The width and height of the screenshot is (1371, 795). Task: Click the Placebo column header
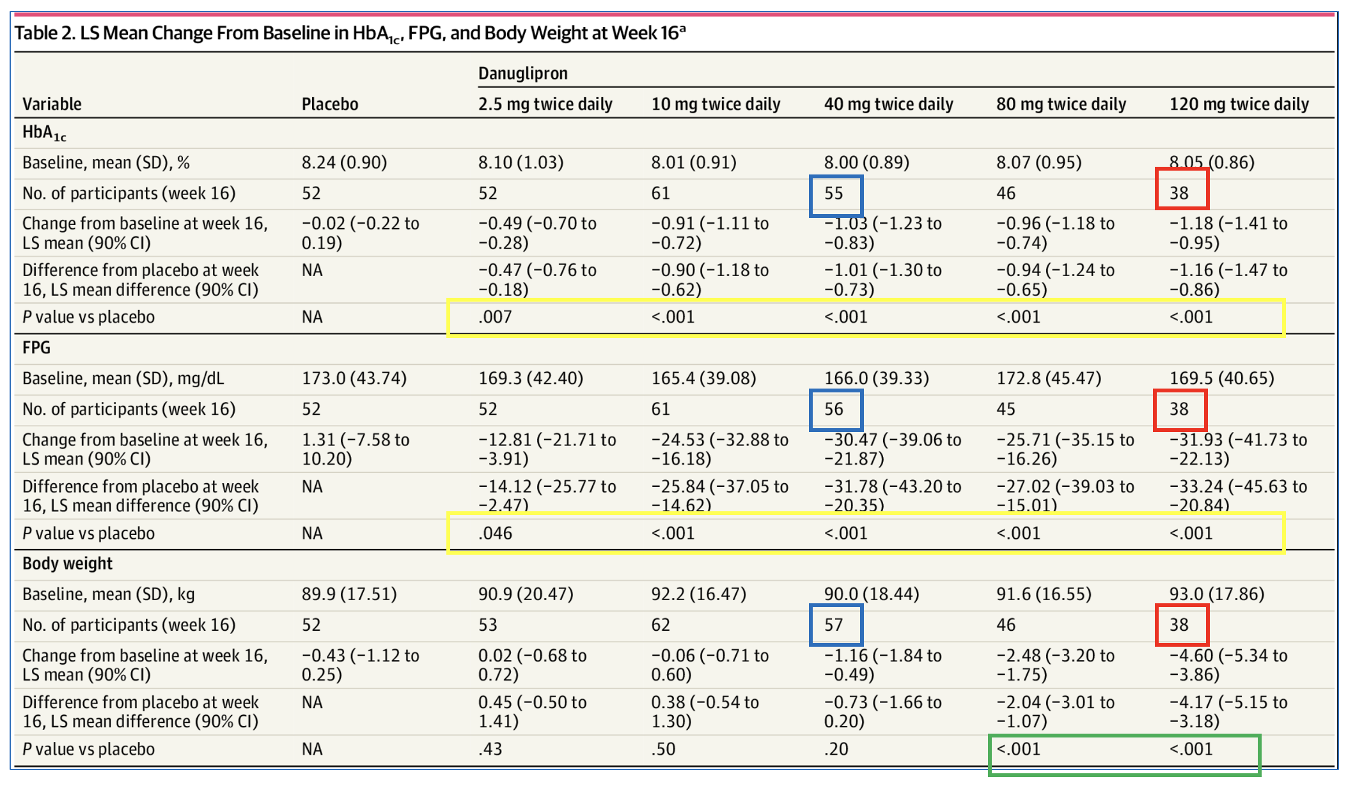tap(329, 104)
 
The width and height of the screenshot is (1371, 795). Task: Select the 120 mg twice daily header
tap(1239, 104)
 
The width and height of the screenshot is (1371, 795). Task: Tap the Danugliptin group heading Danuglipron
tap(522, 73)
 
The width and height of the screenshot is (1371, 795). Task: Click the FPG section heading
tap(36, 348)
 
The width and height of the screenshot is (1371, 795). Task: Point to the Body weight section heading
tap(67, 564)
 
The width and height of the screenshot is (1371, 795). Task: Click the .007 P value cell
tap(495, 317)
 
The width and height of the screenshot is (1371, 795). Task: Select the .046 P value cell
tap(495, 533)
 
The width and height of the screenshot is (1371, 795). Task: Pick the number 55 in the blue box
tap(834, 194)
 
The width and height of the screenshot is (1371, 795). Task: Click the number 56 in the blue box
tap(834, 409)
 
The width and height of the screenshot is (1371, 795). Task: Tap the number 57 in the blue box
tap(834, 624)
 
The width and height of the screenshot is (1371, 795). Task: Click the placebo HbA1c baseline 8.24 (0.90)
tap(344, 163)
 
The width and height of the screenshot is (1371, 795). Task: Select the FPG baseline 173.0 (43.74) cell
tap(354, 378)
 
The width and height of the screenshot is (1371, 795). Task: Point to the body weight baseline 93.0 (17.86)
tap(1216, 594)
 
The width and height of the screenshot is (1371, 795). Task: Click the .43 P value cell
tap(490, 749)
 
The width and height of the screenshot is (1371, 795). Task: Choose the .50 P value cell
tap(663, 749)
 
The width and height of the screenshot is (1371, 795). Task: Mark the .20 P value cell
tap(836, 749)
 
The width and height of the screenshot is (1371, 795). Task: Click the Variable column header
tap(52, 104)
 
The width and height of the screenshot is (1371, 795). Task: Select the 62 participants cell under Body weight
tap(661, 624)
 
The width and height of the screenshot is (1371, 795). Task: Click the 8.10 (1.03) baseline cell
tap(521, 163)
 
